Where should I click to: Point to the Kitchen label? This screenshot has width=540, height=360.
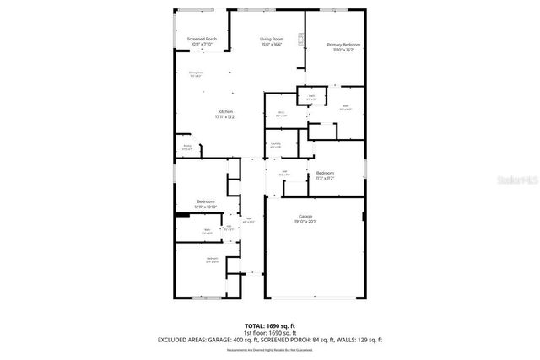pyautogui.click(x=224, y=112)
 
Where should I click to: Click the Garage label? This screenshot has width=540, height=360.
pyautogui.click(x=305, y=216)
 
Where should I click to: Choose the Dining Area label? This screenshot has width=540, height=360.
pyautogui.click(x=195, y=73)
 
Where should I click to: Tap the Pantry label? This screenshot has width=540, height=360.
pyautogui.click(x=186, y=146)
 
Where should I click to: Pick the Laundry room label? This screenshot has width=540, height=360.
pyautogui.click(x=275, y=143)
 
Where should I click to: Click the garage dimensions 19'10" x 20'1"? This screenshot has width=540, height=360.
pyautogui.click(x=305, y=222)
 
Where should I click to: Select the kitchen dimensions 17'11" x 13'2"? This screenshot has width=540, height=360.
pyautogui.click(x=224, y=117)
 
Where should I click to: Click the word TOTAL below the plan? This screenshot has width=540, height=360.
pyautogui.click(x=255, y=325)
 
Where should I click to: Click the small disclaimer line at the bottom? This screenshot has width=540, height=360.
pyautogui.click(x=269, y=350)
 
